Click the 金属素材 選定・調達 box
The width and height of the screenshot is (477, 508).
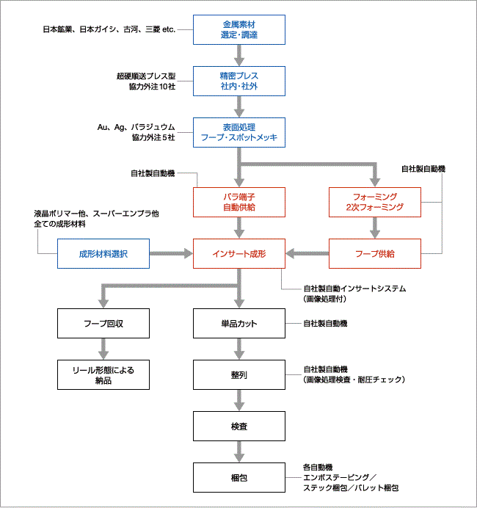[x=239, y=29]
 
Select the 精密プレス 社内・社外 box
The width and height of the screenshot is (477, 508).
[x=239, y=81]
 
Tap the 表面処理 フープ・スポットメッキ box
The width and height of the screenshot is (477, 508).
[x=239, y=133]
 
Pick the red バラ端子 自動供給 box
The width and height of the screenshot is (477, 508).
[x=239, y=202]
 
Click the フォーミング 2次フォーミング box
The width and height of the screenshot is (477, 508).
[x=375, y=202]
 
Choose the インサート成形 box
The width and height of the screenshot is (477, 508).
[x=239, y=254]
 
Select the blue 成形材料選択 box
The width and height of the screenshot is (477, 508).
[x=103, y=254]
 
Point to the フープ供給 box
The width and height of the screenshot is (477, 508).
[x=375, y=254]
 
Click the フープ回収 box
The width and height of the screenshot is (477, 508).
[x=103, y=323]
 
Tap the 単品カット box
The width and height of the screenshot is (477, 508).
[x=239, y=323]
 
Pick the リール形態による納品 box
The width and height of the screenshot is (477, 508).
[x=103, y=375]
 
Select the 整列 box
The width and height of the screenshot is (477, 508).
[x=239, y=375]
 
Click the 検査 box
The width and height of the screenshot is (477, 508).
[x=239, y=426]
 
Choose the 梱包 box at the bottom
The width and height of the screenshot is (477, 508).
[x=239, y=478]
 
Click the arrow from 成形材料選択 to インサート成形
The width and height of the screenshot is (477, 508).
[x=171, y=253]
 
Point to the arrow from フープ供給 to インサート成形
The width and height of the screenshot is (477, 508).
[x=307, y=253]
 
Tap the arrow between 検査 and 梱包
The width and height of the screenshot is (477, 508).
[x=239, y=451]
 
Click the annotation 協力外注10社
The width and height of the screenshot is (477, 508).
[x=152, y=87]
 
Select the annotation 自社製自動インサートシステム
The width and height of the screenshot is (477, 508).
[x=354, y=289]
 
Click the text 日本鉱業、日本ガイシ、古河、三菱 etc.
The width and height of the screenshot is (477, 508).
[x=109, y=29]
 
